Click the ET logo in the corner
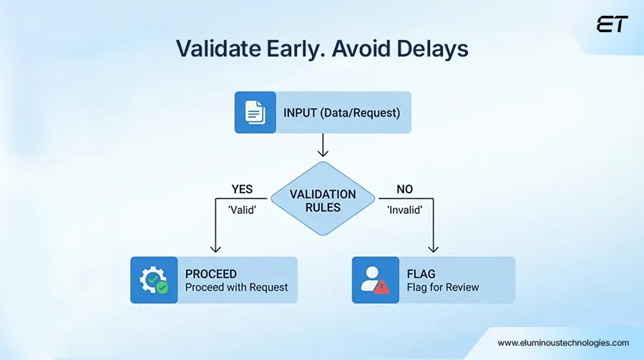[612, 24]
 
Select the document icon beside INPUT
[255, 112]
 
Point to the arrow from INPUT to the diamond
[322, 145]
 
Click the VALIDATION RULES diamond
[322, 200]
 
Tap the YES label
[243, 190]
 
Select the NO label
[405, 190]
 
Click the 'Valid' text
[243, 211]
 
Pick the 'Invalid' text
[405, 211]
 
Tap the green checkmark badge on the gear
[163, 288]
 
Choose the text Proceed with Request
[236, 287]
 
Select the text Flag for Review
[443, 287]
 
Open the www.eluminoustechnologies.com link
[562, 343]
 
